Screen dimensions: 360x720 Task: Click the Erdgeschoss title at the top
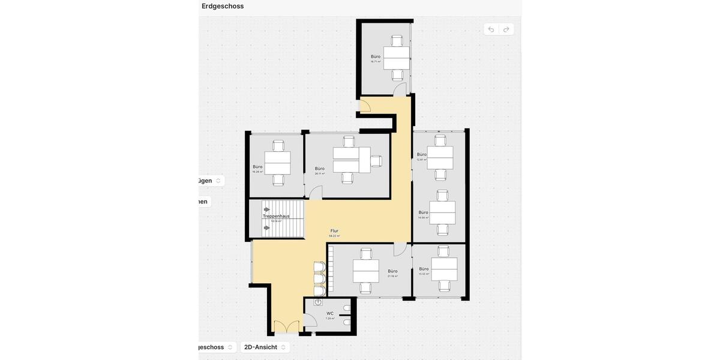pos(223,6)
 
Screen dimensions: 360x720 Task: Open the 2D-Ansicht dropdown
pos(265,347)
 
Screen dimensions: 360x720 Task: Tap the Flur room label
pos(334,231)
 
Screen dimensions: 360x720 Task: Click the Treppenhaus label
pos(276,216)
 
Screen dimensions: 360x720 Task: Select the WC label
pos(330,314)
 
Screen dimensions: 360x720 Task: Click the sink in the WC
pos(318,302)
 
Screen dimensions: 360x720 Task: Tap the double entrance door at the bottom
pos(286,328)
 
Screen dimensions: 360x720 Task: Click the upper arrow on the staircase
pos(266,210)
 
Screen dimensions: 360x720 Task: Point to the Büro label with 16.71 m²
pos(376,57)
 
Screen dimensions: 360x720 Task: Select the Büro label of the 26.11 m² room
pos(320,169)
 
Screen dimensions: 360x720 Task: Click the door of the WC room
pos(310,320)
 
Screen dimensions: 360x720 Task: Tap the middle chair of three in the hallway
pos(319,279)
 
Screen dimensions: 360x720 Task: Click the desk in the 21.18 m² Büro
pos(365,271)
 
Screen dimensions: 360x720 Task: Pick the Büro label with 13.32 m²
pos(424,269)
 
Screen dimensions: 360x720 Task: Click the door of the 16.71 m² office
pos(400,90)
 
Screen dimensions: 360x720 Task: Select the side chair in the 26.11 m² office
pos(376,161)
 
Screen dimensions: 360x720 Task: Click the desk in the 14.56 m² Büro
pos(442,212)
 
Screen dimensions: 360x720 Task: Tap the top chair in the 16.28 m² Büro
pos(278,146)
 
